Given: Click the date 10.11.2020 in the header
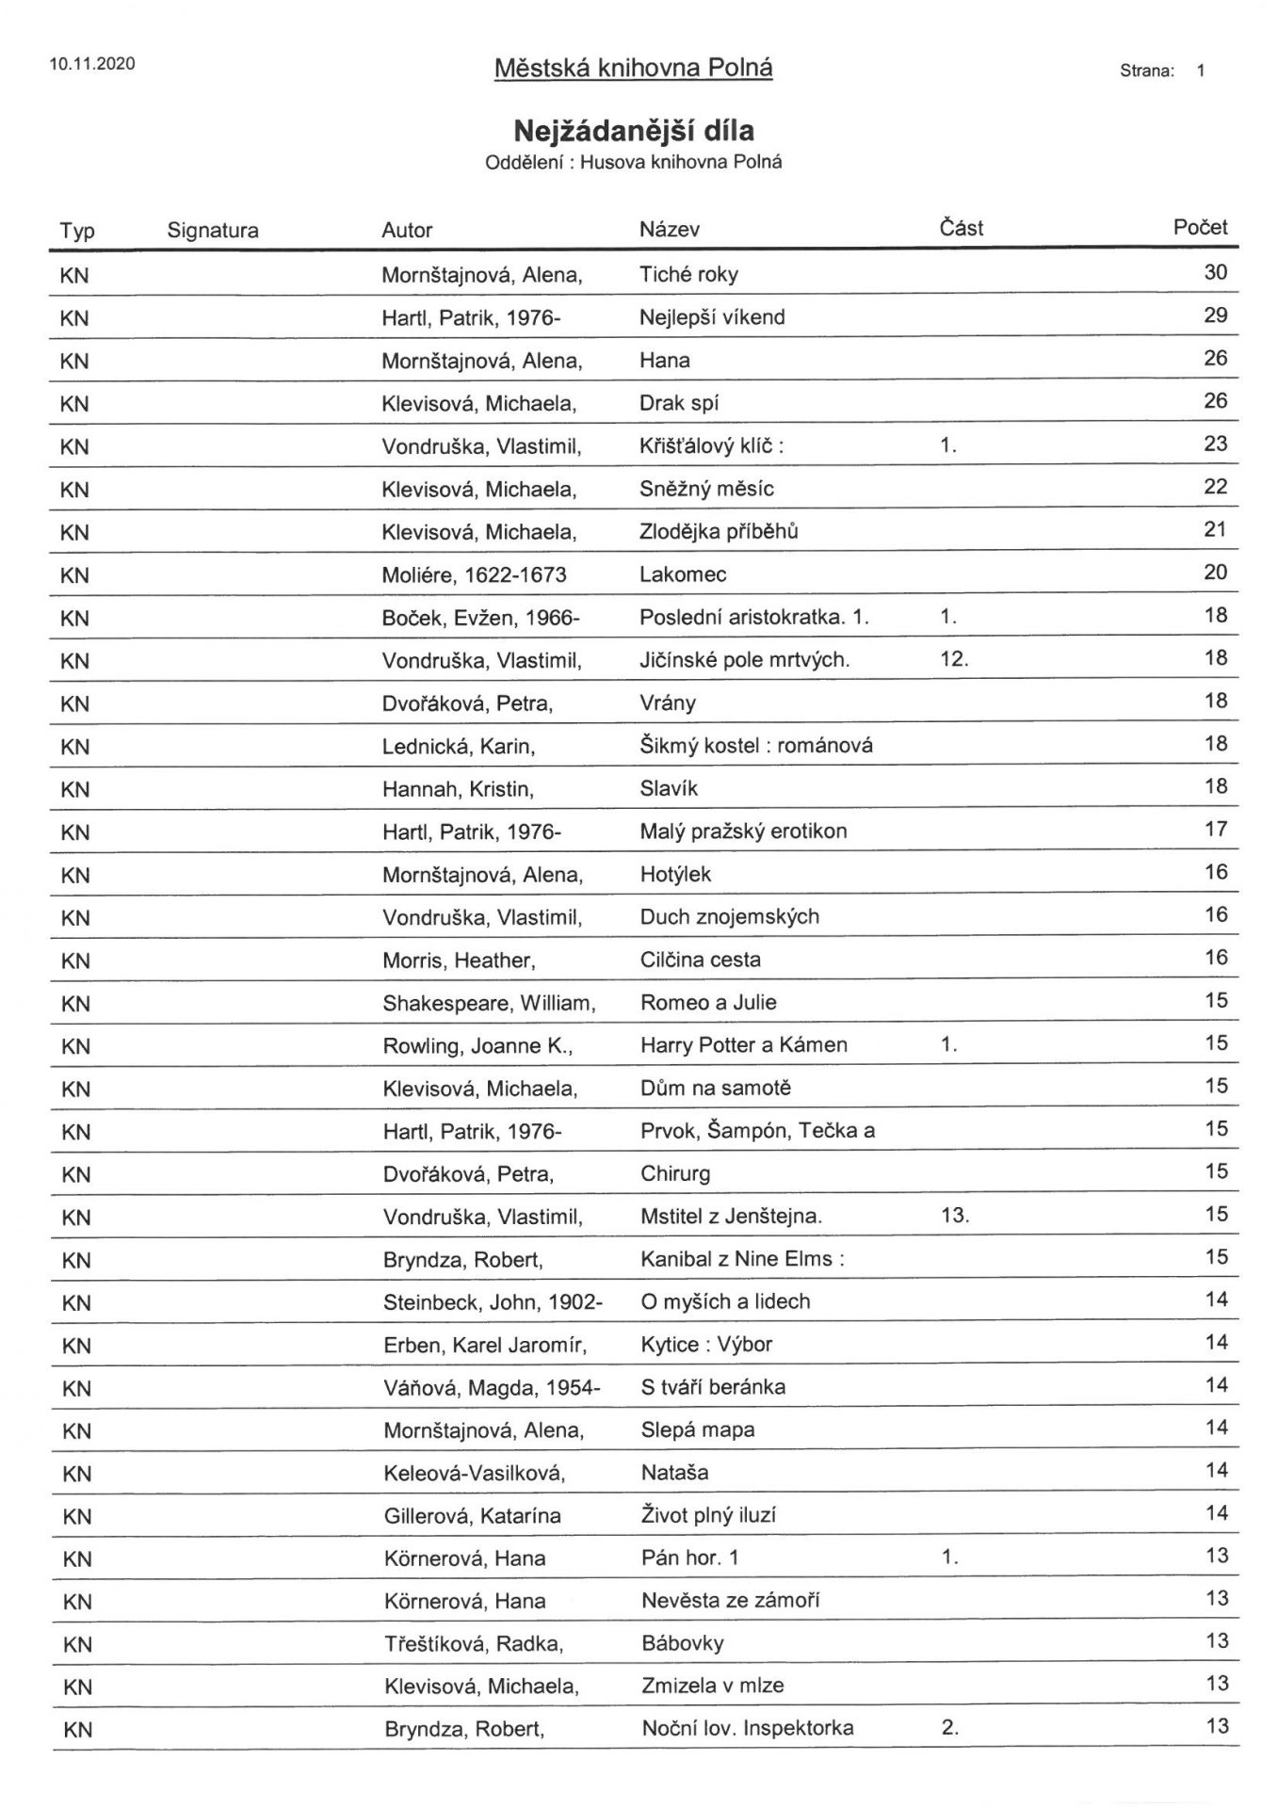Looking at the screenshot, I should [x=92, y=64].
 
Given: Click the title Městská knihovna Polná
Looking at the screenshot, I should [x=633, y=68].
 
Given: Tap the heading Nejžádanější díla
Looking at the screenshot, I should [x=633, y=129].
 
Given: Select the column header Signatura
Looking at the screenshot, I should [x=213, y=231].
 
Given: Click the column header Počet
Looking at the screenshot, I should [x=1200, y=227].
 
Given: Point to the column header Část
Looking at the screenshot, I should [x=961, y=228].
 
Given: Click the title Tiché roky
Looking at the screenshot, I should [x=688, y=275].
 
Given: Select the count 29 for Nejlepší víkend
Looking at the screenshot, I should [x=1215, y=315].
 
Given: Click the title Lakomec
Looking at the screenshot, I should [x=683, y=574].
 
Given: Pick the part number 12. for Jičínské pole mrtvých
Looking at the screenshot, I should [x=953, y=659].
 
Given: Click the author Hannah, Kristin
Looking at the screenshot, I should [x=458, y=789].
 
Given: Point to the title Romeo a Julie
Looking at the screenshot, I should [x=708, y=1003].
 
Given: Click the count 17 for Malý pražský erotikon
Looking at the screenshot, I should [x=1215, y=829].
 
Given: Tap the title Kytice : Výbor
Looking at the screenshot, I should [x=706, y=1345].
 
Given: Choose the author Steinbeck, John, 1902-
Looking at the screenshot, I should [x=493, y=1302].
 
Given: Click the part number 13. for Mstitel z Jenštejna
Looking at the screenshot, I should [x=954, y=1216].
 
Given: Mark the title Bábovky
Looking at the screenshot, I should [x=683, y=1644].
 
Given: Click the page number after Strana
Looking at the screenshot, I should [x=1201, y=71].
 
